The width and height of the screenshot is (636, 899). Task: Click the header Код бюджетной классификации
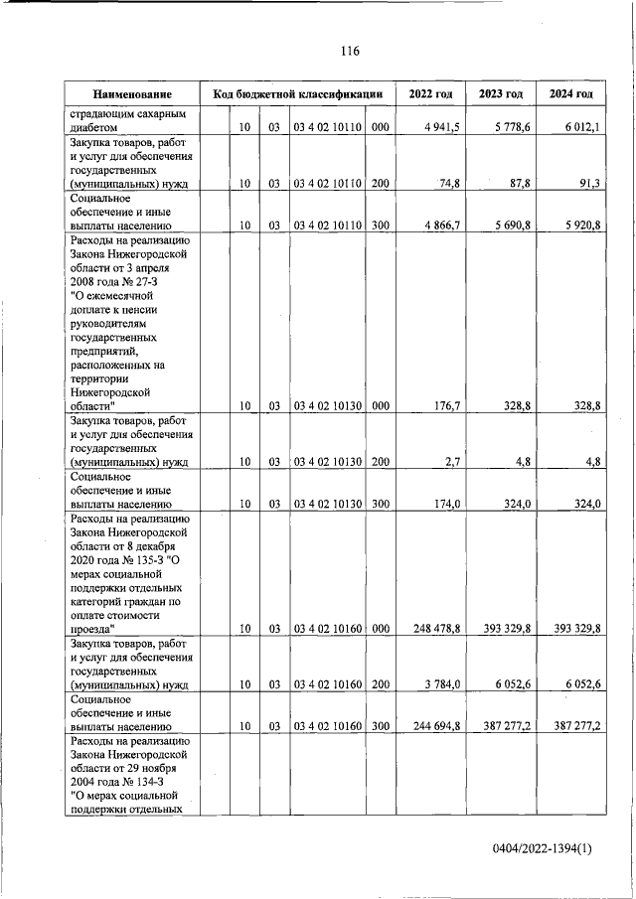[297, 94]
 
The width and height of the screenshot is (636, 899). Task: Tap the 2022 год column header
[430, 94]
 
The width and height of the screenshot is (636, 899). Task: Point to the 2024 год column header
[571, 94]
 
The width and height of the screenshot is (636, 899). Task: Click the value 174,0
[443, 505]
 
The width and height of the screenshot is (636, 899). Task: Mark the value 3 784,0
[440, 684]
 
